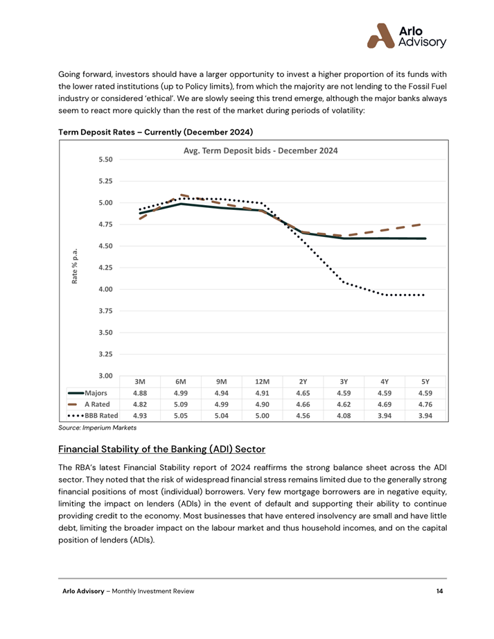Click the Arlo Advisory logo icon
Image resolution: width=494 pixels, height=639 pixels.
pos(381,36)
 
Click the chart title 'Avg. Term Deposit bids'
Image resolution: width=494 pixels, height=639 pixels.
pos(227,151)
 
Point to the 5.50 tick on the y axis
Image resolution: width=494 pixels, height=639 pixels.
pos(105,159)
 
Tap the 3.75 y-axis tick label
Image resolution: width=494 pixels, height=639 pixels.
pos(105,311)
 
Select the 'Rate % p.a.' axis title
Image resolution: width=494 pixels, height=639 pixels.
pos(75,266)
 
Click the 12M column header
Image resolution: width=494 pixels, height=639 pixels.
pos(263,382)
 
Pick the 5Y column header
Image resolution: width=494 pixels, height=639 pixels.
pos(425,382)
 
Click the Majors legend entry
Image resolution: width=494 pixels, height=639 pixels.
pos(87,393)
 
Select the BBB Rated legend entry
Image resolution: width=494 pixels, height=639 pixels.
pos(92,416)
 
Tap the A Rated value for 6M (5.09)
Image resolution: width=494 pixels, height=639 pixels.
pos(181,404)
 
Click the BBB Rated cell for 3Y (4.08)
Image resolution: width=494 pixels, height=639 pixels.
pos(344,416)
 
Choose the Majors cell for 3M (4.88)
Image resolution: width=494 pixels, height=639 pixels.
pos(140,393)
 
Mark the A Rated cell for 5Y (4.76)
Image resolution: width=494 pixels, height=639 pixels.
pos(425,404)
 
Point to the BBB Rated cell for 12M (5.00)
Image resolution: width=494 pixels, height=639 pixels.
pos(263,416)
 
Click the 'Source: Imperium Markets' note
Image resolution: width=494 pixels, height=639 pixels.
pos(97,428)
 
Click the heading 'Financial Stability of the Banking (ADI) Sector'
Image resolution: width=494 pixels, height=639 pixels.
pos(161,449)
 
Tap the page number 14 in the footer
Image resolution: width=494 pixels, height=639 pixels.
pos(439,591)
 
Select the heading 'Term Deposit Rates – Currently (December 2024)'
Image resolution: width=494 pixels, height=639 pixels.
pos(156,132)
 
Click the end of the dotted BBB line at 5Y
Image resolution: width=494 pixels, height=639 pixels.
pos(424,295)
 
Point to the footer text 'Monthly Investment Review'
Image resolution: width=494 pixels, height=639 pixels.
pos(153,591)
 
